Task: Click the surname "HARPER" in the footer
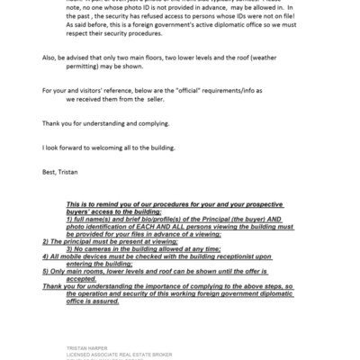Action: tap(94, 345)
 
